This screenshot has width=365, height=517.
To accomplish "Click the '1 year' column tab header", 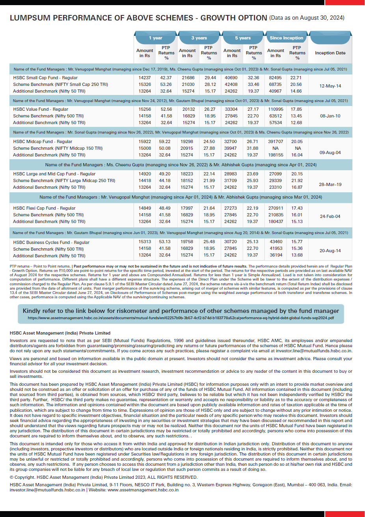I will click(155, 38).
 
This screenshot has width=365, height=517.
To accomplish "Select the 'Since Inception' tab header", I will click(286, 38).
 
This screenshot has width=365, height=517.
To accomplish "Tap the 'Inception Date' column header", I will click(330, 53).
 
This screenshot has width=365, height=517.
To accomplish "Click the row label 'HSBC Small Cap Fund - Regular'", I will click(45, 78).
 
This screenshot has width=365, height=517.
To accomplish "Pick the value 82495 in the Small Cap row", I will click(275, 78).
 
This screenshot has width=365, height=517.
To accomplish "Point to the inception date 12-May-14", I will click(330, 86).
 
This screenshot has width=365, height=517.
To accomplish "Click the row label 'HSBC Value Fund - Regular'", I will click(41, 110).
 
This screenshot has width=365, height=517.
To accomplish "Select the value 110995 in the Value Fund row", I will click(276, 110).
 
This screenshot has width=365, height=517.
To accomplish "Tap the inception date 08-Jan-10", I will click(330, 116).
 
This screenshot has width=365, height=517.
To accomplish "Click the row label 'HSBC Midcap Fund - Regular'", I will click(43, 141).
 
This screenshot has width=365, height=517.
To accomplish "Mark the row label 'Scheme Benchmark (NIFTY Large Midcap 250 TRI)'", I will click(64, 181).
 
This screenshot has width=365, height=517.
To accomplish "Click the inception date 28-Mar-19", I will click(330, 184).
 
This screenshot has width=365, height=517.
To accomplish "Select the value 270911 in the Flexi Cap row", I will click(276, 208).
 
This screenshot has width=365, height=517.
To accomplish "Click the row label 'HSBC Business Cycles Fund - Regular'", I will click(51, 243).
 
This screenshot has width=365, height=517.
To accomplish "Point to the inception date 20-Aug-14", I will click(330, 251).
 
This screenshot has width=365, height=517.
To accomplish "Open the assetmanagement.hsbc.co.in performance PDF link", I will click(181, 318).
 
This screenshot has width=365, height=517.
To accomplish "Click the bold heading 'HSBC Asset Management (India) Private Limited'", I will click(60, 333).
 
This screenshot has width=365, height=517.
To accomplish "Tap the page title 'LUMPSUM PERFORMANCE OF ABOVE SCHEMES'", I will click(138, 18).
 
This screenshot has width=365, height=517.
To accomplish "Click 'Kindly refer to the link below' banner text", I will click(181, 311).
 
